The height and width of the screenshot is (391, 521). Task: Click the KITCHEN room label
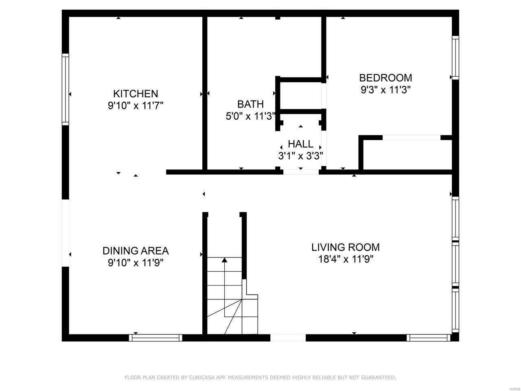click(x=136, y=94)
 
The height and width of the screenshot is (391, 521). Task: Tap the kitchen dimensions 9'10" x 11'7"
click(x=136, y=105)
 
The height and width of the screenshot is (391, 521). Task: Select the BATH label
click(x=250, y=104)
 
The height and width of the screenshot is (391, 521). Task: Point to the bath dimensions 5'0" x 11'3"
click(x=251, y=116)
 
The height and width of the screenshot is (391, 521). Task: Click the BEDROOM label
click(x=385, y=78)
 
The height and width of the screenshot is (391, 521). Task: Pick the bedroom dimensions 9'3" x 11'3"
click(x=385, y=90)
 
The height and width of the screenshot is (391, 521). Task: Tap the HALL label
click(x=300, y=144)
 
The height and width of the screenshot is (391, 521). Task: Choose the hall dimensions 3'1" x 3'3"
click(x=300, y=156)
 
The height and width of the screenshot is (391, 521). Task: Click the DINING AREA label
click(x=136, y=251)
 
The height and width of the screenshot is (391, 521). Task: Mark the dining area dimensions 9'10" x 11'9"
click(x=136, y=263)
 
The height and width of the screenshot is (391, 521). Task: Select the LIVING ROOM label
click(x=345, y=247)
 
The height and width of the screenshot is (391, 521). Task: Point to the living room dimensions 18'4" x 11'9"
click(x=346, y=259)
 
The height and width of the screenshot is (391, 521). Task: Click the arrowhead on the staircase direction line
click(x=225, y=260)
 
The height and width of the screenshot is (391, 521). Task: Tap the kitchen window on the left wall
click(x=65, y=89)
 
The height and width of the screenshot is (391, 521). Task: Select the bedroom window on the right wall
click(x=455, y=58)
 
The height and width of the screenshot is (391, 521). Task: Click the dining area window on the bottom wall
click(x=155, y=338)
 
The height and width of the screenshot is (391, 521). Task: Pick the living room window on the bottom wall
click(x=429, y=338)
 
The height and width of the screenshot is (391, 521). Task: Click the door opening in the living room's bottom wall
click(x=288, y=338)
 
